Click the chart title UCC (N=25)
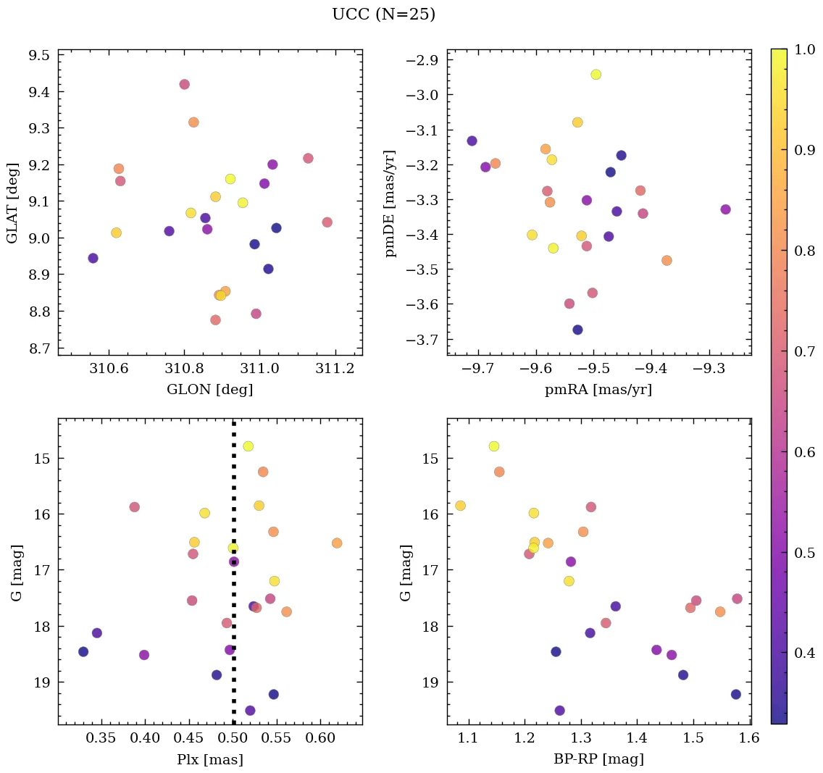coord(383,14)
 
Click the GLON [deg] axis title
coord(209,390)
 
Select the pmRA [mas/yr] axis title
coord(598,390)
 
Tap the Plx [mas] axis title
coord(209,759)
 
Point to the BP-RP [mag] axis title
coord(598,759)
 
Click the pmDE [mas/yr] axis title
coord(391,202)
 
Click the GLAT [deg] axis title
coord(12,202)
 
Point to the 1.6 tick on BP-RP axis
coord(749,739)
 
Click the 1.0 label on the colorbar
coord(805,49)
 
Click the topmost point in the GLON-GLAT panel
coord(184,84)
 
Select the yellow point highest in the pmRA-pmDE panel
coord(596,75)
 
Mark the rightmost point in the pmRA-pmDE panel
coord(725,209)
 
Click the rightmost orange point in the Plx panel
coord(337,543)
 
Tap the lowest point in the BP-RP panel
coord(559,711)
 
